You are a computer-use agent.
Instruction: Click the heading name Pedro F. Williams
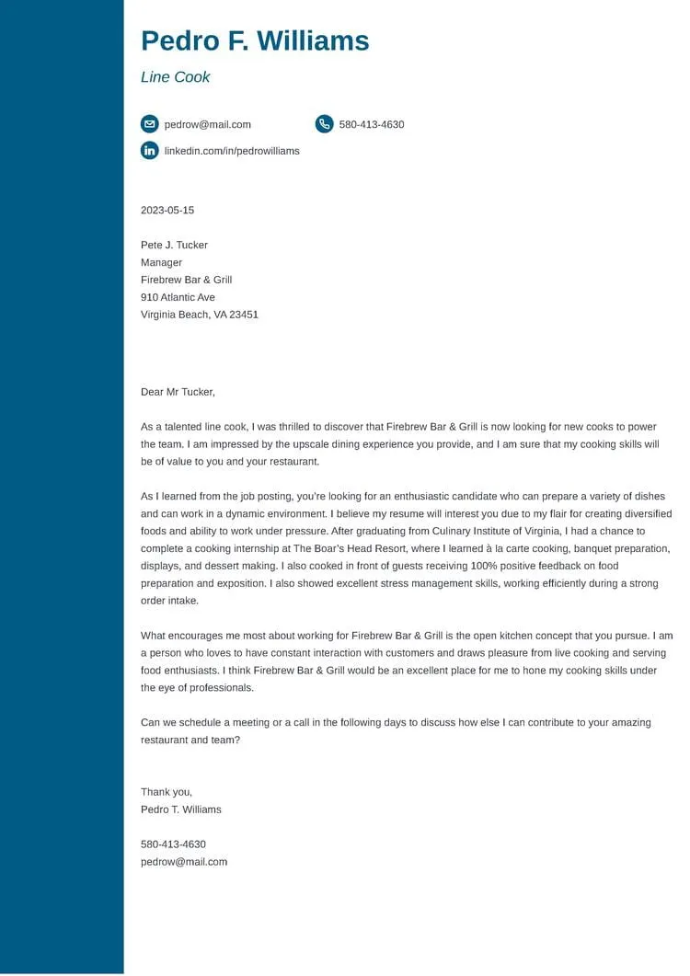tap(255, 41)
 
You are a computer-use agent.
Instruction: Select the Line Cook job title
tap(175, 77)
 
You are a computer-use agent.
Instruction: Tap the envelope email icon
tap(149, 124)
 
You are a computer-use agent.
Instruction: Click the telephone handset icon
tap(324, 124)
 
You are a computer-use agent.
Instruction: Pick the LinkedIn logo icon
tap(149, 151)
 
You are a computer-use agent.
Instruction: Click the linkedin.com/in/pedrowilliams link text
tap(232, 151)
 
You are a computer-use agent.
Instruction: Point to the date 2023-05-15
tap(167, 211)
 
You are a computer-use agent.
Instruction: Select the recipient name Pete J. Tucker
tap(174, 246)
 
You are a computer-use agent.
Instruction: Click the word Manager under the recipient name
tap(161, 263)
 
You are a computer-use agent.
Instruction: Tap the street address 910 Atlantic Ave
tap(178, 298)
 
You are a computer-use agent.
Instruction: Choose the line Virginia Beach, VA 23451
tap(200, 315)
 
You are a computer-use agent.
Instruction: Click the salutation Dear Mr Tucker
tap(178, 392)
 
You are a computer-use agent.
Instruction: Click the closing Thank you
tap(167, 792)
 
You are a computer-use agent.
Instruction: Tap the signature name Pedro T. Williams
tap(181, 810)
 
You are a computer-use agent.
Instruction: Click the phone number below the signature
tap(173, 844)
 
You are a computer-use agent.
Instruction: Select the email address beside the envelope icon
tap(208, 124)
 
